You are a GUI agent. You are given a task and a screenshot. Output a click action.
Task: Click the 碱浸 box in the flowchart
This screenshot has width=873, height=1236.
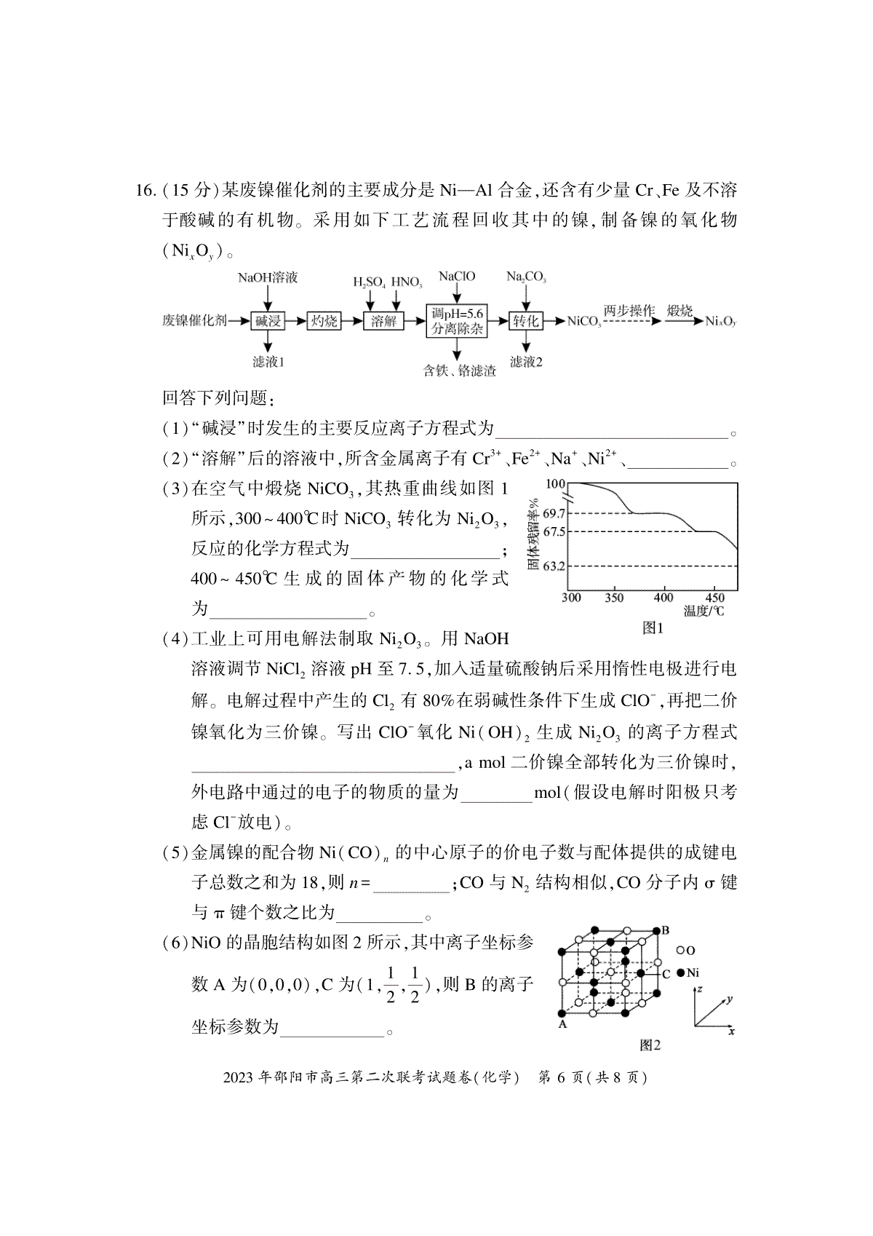[x=268, y=320]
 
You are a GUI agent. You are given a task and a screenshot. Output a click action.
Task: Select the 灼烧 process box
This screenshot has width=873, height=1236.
[x=324, y=320]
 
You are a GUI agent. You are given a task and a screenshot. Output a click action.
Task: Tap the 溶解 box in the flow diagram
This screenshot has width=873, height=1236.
[x=383, y=320]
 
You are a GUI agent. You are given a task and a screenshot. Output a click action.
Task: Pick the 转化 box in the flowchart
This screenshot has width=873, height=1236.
[x=525, y=320]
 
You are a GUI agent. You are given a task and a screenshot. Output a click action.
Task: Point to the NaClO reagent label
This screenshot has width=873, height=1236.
[x=457, y=277]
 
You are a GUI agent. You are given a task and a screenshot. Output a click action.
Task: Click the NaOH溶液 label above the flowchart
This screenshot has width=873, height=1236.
[x=268, y=278]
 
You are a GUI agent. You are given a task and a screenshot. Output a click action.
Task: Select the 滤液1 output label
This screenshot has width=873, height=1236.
[x=268, y=362]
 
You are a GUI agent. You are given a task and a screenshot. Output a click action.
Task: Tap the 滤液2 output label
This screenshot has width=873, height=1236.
[x=526, y=362]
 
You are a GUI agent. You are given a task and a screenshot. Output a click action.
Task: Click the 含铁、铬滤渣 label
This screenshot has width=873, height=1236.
[x=460, y=371]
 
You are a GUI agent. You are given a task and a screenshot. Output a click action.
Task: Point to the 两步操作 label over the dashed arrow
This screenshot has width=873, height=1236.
[x=629, y=309]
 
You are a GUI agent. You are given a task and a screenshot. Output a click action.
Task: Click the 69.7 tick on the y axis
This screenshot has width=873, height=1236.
[x=554, y=514]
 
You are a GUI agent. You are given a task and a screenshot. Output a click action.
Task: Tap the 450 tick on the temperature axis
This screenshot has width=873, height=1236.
[x=714, y=598]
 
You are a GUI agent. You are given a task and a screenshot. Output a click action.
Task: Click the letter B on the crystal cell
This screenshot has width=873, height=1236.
[x=665, y=930]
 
